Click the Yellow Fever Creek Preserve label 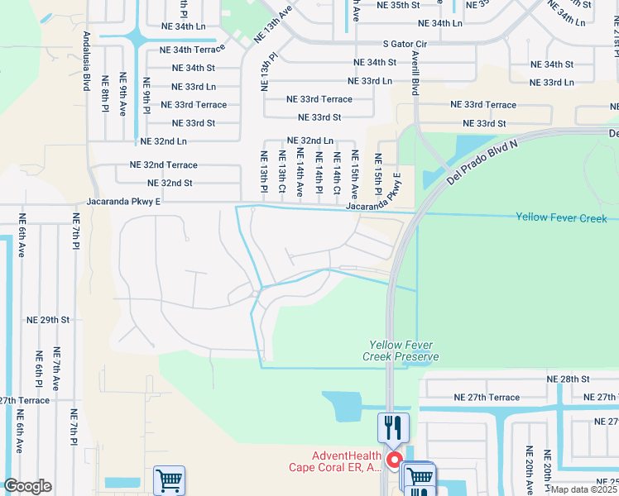click(x=403, y=351)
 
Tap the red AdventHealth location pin click(x=395, y=460)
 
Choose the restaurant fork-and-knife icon click(x=393, y=427)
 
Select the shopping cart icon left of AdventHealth click(x=170, y=480)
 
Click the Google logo click(x=27, y=486)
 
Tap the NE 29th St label click(x=48, y=319)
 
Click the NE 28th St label click(x=567, y=379)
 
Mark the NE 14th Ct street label click(x=337, y=173)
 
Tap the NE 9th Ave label click(x=123, y=95)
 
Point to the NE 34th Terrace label click(x=193, y=50)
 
